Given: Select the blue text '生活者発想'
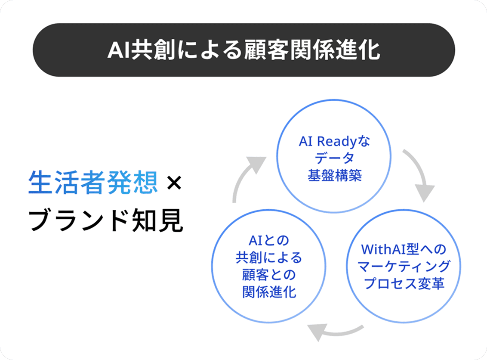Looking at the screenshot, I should [92, 183].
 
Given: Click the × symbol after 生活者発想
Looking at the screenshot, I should [174, 183].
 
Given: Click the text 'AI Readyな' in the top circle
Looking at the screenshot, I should [334, 142].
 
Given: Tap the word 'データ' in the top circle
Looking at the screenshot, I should [334, 158].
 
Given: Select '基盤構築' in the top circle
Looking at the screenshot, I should [334, 175].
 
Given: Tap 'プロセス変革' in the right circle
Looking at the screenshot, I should [404, 284].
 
